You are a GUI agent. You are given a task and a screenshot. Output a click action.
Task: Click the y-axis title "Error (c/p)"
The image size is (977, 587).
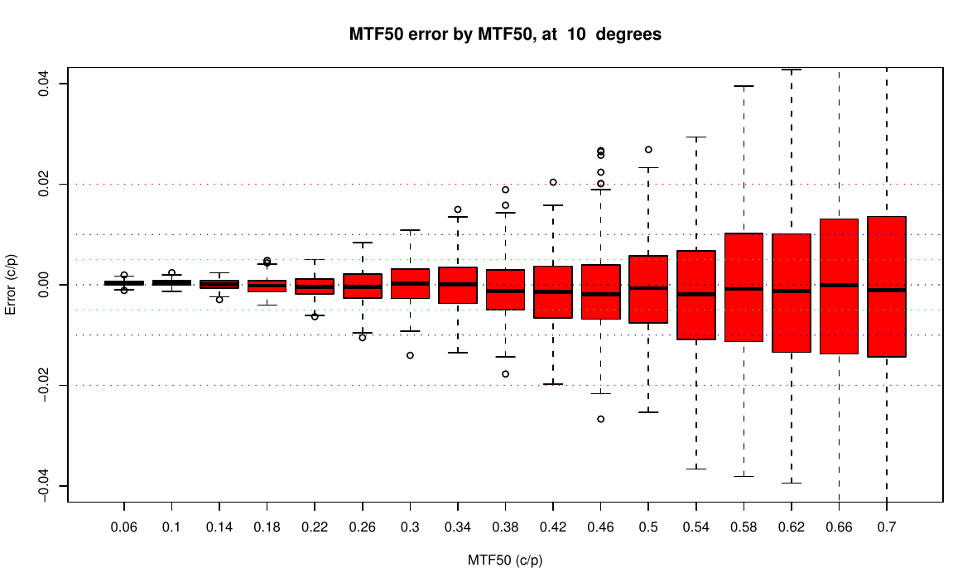pos(11,284)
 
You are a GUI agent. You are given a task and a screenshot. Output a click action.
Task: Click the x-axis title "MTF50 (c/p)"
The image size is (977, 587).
pos(505,560)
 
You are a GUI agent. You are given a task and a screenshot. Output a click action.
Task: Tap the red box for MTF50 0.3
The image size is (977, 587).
pos(410,283)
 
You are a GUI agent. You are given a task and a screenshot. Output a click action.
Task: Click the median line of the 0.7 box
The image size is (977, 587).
pos(887,290)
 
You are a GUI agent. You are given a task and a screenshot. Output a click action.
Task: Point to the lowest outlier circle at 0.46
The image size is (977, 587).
pos(600,419)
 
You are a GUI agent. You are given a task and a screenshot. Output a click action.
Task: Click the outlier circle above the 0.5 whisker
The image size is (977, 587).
pos(648,150)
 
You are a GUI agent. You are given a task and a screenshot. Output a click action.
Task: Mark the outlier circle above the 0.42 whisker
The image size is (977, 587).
pos(553,182)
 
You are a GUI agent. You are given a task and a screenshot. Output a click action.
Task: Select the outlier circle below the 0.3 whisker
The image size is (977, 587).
pos(410,355)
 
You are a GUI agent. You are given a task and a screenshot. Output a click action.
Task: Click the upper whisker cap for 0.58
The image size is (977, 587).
pos(744,85)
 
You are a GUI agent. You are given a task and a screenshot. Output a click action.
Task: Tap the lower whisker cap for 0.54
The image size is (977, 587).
pos(695,469)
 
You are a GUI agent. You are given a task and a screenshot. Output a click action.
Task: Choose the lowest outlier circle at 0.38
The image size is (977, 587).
pos(505,373)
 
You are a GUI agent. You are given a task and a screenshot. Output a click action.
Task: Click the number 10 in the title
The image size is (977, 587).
pos(575,36)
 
